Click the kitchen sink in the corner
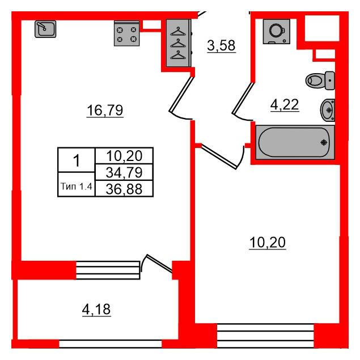[45, 29]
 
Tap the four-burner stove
[127, 33]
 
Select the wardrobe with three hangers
[179, 43]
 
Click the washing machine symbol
[277, 31]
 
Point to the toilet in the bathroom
[320, 81]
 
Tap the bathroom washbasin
[327, 110]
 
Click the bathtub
[295, 142]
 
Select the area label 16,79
[105, 111]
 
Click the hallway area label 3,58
[221, 45]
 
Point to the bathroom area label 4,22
[285, 105]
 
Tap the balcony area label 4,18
[96, 310]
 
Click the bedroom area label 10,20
[268, 243]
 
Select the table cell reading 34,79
[124, 172]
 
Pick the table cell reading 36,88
[124, 189]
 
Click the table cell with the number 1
[76, 160]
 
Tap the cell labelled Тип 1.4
[76, 185]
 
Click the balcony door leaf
[159, 264]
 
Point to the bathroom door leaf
[243, 99]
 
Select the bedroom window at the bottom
[265, 335]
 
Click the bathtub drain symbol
[324, 142]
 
